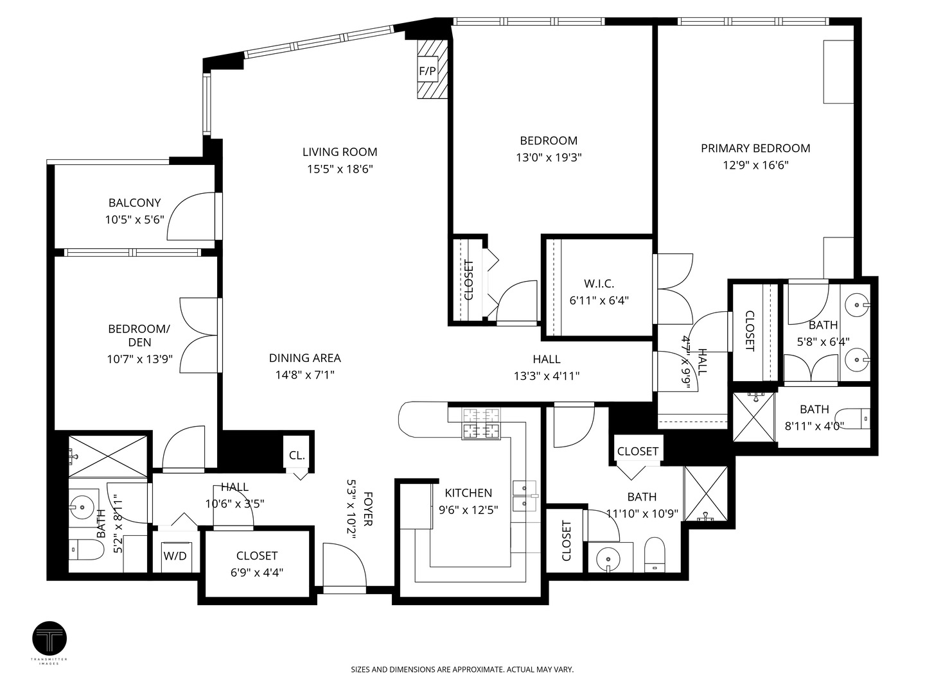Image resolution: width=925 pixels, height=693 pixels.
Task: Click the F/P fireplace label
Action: click(427, 71)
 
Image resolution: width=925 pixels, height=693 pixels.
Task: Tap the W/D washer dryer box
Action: click(175, 556)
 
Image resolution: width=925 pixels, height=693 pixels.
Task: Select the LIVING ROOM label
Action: click(340, 152)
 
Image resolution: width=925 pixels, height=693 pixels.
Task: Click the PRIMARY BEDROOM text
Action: click(755, 148)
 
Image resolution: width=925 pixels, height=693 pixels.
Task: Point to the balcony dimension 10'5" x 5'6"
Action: click(135, 219)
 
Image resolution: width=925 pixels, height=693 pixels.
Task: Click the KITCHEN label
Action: click(468, 493)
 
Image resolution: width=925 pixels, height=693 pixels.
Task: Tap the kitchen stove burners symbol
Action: click(480, 424)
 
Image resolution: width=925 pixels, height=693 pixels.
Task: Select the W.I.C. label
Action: click(599, 284)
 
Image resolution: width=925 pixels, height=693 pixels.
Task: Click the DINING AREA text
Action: click(304, 358)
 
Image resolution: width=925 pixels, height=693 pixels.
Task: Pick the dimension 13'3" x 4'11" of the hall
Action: click(546, 376)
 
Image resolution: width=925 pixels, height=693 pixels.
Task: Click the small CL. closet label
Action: click(297, 456)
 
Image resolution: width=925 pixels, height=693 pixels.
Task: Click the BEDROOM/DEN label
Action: click(139, 336)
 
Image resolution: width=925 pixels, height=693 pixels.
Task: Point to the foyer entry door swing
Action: click(344, 565)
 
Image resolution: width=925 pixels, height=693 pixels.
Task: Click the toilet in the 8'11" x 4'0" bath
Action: click(856, 418)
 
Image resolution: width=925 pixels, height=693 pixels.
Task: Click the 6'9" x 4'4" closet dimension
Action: click(257, 572)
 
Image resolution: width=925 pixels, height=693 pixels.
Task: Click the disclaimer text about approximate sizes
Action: click(462, 669)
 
